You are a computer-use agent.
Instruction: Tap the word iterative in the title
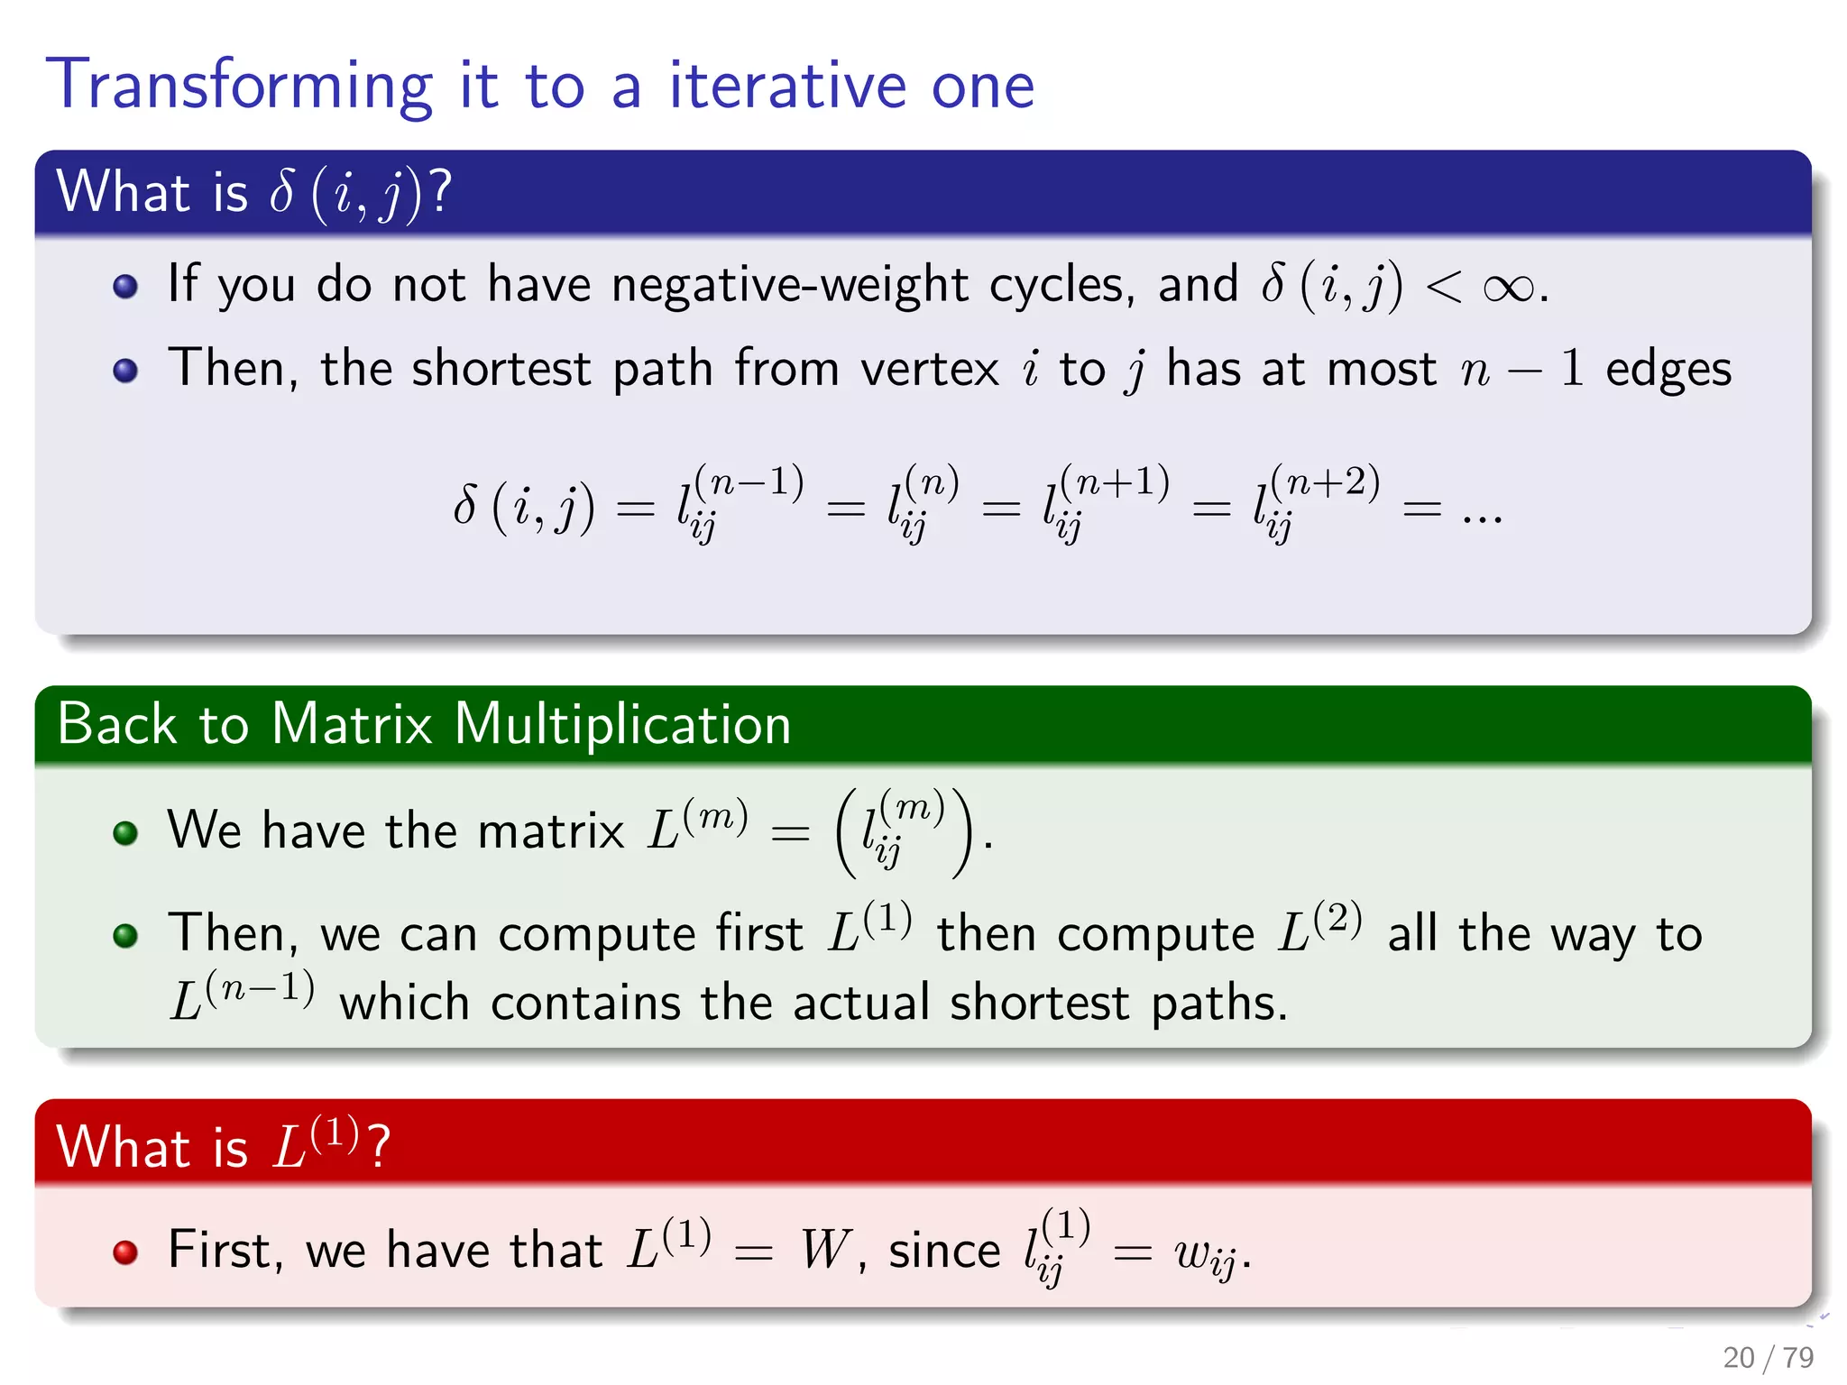click(x=787, y=86)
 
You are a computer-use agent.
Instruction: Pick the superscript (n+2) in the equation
click(x=1324, y=483)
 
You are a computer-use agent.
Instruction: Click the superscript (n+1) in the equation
click(x=1115, y=483)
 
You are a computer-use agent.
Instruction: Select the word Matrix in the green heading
click(x=352, y=725)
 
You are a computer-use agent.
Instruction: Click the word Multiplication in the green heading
click(x=622, y=725)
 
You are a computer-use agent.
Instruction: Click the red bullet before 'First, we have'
click(x=125, y=1252)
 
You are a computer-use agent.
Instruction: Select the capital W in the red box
click(x=824, y=1251)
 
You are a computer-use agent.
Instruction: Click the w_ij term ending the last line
click(x=1205, y=1255)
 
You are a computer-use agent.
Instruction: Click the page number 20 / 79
click(x=1767, y=1357)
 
